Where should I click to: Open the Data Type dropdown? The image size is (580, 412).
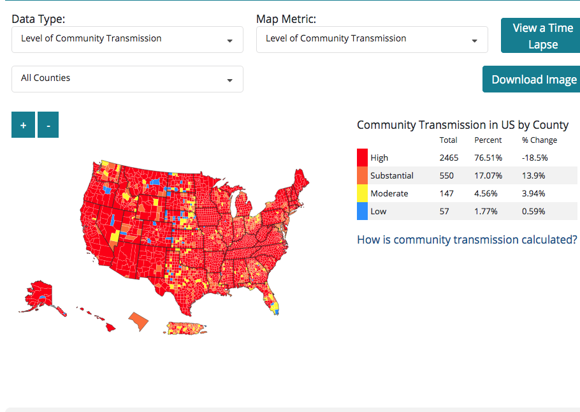pos(127,39)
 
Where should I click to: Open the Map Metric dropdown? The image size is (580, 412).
pos(372,39)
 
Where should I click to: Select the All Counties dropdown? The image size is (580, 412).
pos(127,78)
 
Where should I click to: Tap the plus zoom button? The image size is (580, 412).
pos(24,125)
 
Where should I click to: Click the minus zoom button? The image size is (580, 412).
pos(48,125)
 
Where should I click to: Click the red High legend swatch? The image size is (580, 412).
pos(362,158)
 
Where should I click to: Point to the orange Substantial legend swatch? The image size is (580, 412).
pos(362,175)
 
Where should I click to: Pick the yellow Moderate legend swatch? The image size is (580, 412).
pos(362,193)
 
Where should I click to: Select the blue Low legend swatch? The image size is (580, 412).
pos(362,211)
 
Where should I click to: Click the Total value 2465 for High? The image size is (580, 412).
pos(449,158)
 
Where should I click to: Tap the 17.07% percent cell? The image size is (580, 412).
pos(488,175)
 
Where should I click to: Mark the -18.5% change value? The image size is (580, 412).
pos(535,158)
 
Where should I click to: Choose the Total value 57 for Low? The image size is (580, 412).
pos(444,211)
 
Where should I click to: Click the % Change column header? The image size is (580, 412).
pos(539,140)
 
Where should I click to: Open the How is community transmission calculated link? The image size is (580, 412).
pos(467,240)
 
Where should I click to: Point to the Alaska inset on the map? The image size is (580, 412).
pos(42,295)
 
